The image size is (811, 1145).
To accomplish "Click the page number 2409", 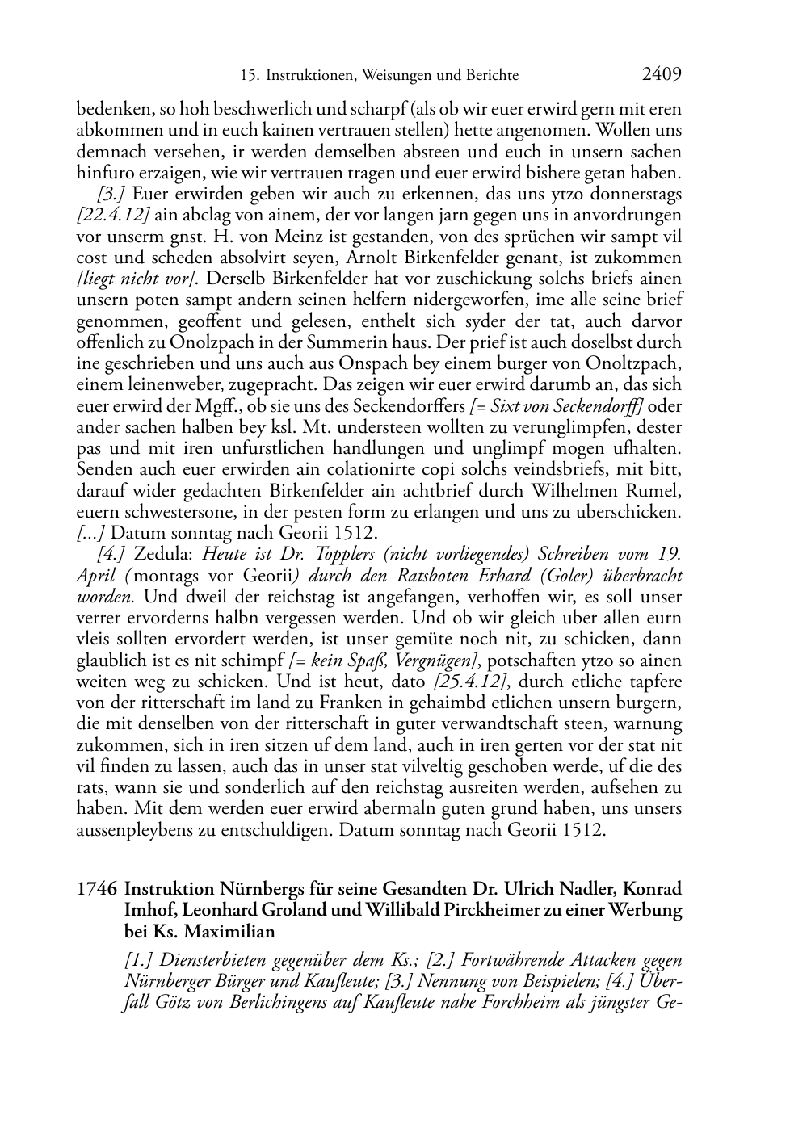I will (x=662, y=74).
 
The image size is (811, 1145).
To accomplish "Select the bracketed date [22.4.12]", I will (x=113, y=216).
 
